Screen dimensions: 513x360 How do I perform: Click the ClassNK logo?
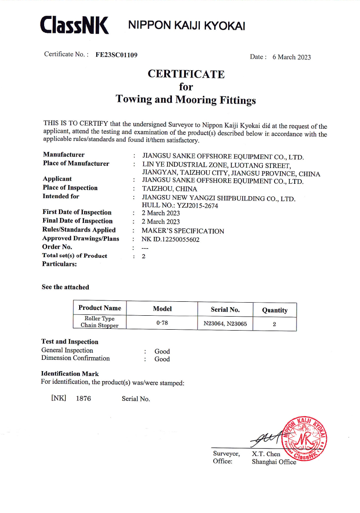[74, 25]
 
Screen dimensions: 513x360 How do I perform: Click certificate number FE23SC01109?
[117, 55]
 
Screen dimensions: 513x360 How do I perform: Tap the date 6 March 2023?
[292, 57]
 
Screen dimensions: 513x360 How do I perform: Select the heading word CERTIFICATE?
[186, 74]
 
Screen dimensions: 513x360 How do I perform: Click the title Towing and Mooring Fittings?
[186, 100]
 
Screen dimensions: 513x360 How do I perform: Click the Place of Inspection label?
[70, 188]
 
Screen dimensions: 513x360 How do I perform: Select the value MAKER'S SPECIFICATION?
[183, 231]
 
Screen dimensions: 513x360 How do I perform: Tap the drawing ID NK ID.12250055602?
[171, 240]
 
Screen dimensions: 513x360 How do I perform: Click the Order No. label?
[57, 247]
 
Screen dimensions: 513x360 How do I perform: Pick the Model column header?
[162, 309]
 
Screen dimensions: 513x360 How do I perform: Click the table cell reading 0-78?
[162, 323]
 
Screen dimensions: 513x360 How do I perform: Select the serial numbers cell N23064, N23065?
[225, 323]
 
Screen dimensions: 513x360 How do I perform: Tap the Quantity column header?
[274, 310]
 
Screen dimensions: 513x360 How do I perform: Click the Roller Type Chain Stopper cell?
[99, 322]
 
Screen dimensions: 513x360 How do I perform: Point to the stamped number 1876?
[83, 399]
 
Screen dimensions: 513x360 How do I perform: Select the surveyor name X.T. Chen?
[266, 454]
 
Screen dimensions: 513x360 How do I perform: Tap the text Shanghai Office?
[274, 462]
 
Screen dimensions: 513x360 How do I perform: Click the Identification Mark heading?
[70, 374]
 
